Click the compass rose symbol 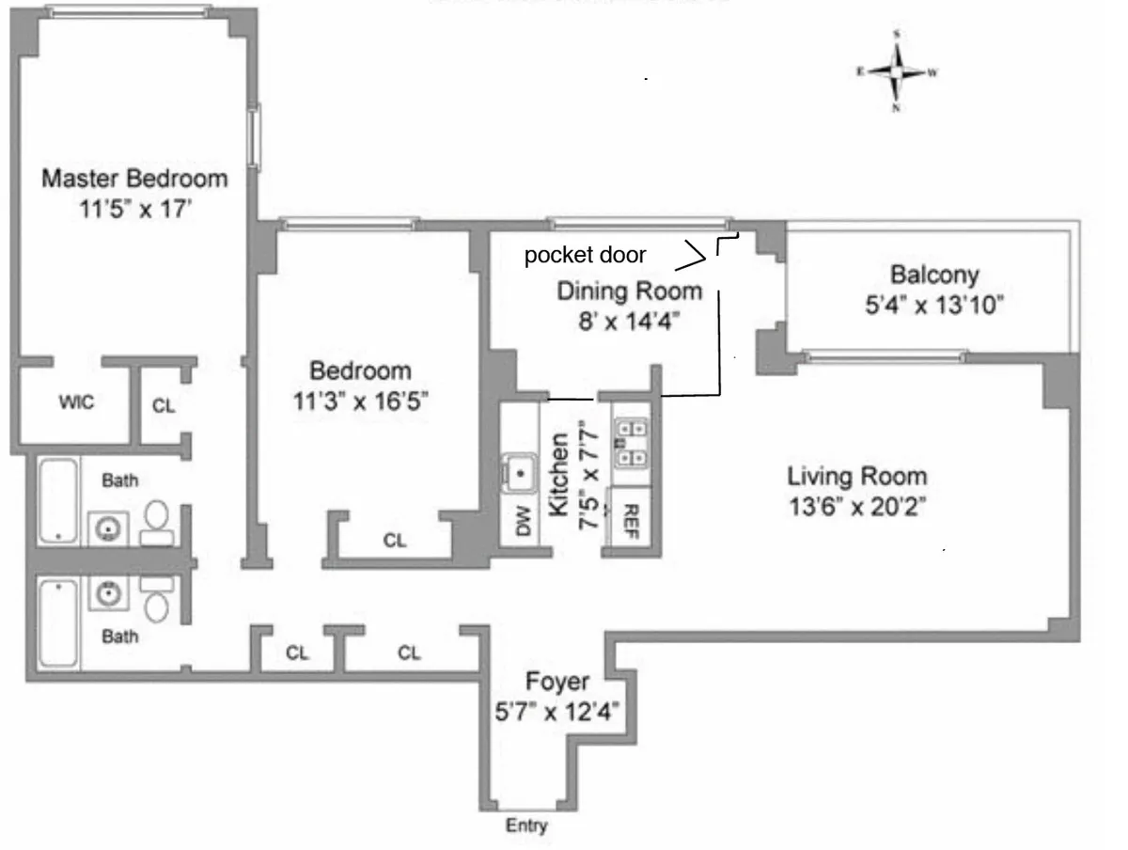coord(898,71)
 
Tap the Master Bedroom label coord(135,178)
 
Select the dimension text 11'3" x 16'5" coord(360,401)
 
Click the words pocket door coord(585,255)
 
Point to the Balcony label coord(933,275)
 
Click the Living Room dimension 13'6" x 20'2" coord(857,507)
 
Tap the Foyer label coord(557,682)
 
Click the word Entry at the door coord(526,826)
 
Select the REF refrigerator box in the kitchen coord(631,516)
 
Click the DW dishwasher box coord(523,522)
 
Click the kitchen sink coord(518,470)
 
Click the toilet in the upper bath coord(157,523)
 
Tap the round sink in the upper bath coord(109,529)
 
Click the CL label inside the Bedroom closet coord(396,541)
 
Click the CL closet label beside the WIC coord(164,407)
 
